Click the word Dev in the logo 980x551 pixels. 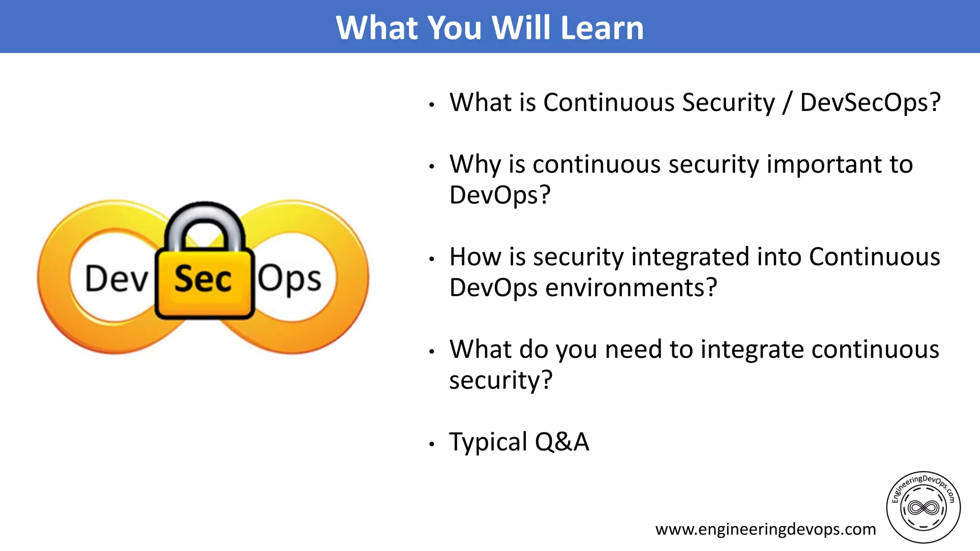click(x=116, y=278)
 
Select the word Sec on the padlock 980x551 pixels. click(x=203, y=279)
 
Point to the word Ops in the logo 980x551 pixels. click(x=290, y=278)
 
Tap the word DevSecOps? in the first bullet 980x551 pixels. click(x=870, y=103)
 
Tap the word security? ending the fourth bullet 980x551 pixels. click(x=501, y=381)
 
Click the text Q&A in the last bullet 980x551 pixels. click(x=562, y=442)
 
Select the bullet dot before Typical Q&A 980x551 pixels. click(x=432, y=444)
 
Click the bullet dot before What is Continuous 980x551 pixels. click(x=432, y=105)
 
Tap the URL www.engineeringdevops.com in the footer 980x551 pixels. click(x=765, y=529)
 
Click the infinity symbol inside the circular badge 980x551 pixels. click(x=923, y=507)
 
